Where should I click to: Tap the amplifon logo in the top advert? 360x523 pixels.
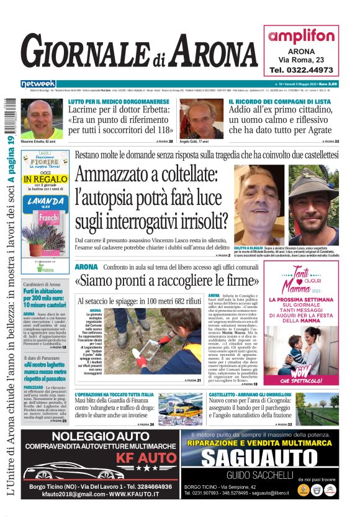pyautogui.click(x=302, y=36)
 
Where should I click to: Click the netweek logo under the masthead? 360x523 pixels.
pyautogui.click(x=38, y=83)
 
